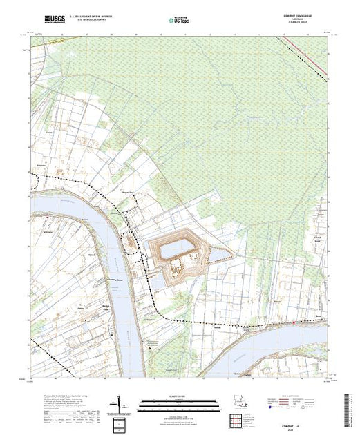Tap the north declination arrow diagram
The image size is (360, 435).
coord(122,400)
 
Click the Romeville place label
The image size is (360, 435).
coord(126,192)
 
